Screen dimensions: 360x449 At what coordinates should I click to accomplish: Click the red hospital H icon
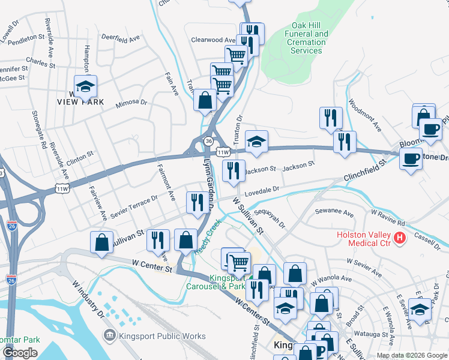pos(400,239)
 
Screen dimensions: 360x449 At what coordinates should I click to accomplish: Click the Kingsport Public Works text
pos(162,336)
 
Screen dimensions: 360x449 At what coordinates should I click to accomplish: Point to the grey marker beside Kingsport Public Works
pos(110,336)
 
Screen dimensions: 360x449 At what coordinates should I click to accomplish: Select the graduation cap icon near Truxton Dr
pos(256,142)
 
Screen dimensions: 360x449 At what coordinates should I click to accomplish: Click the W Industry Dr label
pos(86,298)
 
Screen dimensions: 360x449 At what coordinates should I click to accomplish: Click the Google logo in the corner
pos(20,353)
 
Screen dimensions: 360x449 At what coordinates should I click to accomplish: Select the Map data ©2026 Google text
pos(412,355)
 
